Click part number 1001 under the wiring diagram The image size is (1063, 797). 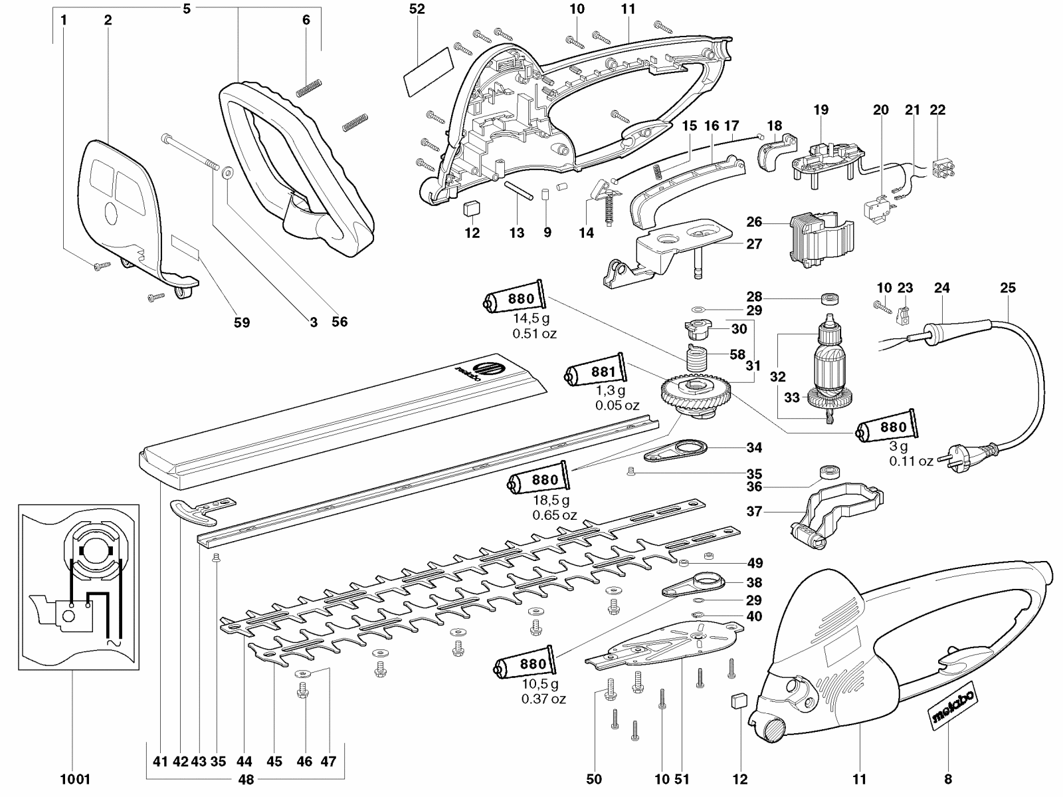75,779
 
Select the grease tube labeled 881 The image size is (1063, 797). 596,373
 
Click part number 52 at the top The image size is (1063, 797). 417,9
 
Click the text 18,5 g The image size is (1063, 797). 551,500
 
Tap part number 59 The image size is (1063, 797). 242,322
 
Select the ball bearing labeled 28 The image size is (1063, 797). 830,298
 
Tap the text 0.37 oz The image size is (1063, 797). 543,699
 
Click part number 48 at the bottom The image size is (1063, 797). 246,780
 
